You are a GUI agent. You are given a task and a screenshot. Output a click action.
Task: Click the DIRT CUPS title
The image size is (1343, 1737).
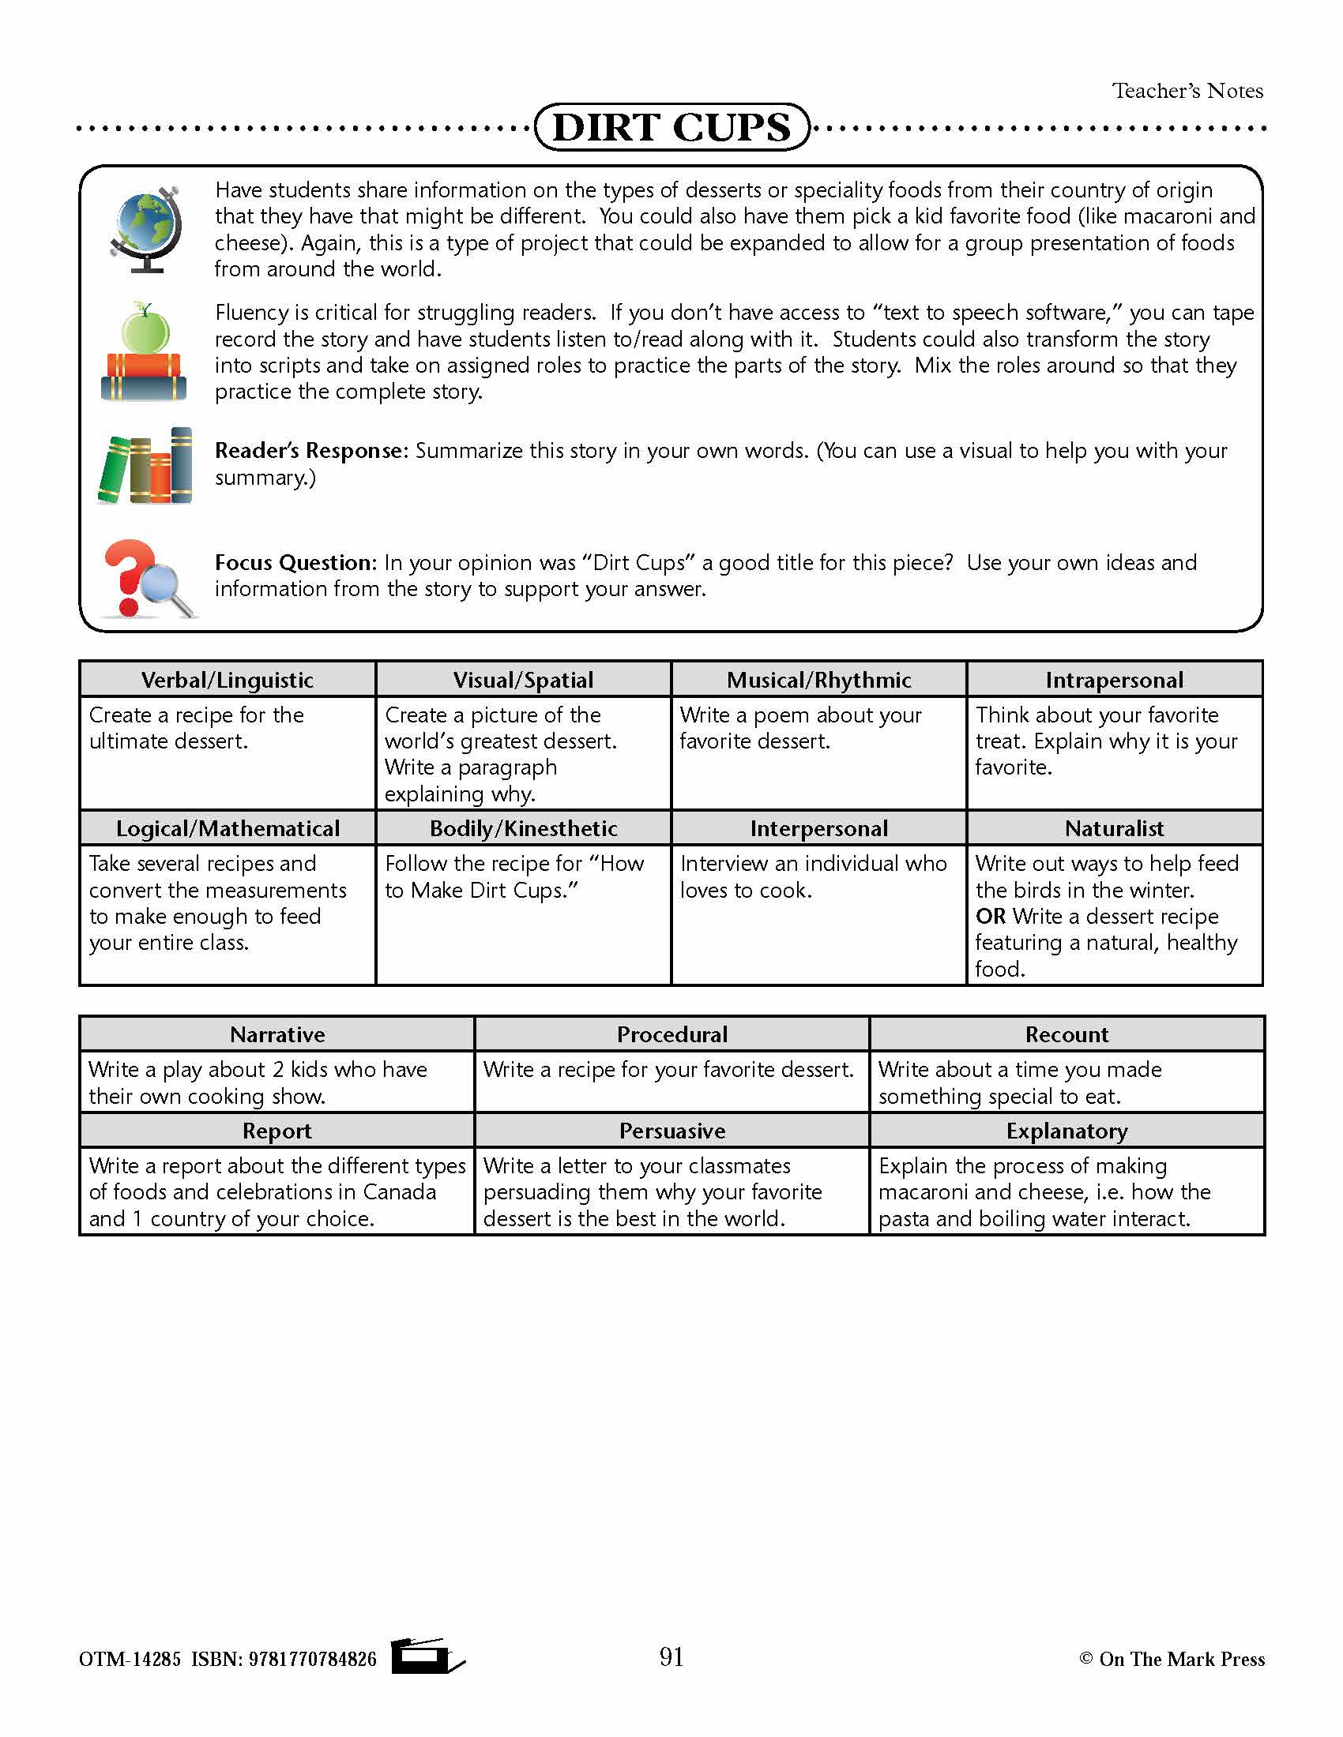pyautogui.click(x=671, y=127)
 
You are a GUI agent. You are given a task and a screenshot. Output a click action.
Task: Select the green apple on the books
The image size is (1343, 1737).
pyautogui.click(x=145, y=328)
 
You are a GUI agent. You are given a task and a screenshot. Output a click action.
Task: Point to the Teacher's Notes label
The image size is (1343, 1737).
pyautogui.click(x=1187, y=91)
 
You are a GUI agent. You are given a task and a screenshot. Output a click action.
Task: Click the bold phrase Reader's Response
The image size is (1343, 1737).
pyautogui.click(x=311, y=451)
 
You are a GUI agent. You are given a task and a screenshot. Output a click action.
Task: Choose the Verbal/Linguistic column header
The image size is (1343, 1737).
pyautogui.click(x=228, y=680)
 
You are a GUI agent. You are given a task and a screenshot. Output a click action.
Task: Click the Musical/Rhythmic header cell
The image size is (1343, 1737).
pyautogui.click(x=818, y=680)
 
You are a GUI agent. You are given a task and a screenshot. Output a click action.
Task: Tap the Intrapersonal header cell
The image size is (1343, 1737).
pyautogui.click(x=1114, y=680)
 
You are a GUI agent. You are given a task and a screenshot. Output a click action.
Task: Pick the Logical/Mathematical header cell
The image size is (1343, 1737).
pyautogui.click(x=228, y=829)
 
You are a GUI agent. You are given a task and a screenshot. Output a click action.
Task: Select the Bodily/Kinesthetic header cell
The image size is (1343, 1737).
pyautogui.click(x=524, y=829)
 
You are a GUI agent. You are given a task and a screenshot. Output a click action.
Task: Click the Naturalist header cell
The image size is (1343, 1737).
pyautogui.click(x=1114, y=829)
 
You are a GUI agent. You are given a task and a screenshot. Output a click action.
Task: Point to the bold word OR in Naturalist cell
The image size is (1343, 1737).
pyautogui.click(x=991, y=916)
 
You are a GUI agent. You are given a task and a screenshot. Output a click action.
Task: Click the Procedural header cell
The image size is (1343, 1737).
pyautogui.click(x=672, y=1035)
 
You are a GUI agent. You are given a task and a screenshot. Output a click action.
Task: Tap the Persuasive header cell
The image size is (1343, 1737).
pyautogui.click(x=672, y=1131)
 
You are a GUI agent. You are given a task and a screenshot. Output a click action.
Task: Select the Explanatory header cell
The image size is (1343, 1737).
pyautogui.click(x=1067, y=1131)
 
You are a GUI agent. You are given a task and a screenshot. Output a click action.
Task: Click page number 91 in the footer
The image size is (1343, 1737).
pyautogui.click(x=671, y=1656)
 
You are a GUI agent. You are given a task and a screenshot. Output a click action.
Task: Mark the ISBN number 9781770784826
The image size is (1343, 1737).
pyautogui.click(x=313, y=1659)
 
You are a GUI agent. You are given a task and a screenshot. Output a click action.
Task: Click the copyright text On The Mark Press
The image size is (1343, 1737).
pyautogui.click(x=1182, y=1659)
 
